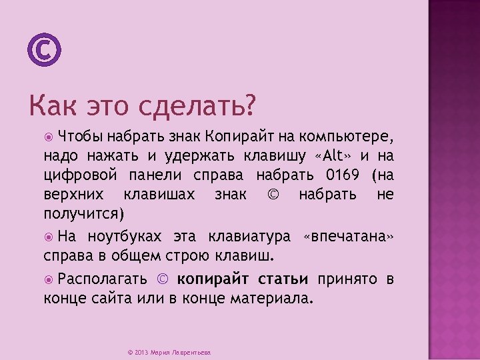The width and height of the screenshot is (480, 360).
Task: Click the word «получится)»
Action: [84, 214]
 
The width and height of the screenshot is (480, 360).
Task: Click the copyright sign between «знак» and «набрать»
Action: [273, 195]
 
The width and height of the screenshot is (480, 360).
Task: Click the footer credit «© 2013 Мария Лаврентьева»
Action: [169, 352]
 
